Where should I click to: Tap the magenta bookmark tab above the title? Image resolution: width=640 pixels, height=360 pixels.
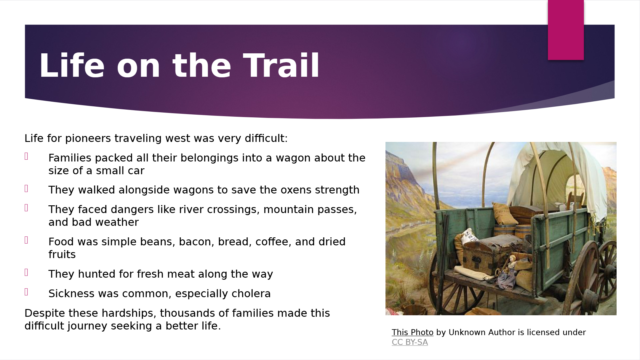click(x=566, y=30)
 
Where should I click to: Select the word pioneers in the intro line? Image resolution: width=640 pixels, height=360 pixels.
click(x=88, y=139)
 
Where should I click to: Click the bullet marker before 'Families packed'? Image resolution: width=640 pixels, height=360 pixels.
click(x=26, y=156)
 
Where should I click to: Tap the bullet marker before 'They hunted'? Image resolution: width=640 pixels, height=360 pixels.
click(x=26, y=273)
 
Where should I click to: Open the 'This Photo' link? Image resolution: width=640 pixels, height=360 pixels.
click(x=412, y=332)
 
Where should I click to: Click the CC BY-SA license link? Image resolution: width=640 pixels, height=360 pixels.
click(x=410, y=342)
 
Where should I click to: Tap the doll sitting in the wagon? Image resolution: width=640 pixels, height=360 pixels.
click(x=509, y=271)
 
